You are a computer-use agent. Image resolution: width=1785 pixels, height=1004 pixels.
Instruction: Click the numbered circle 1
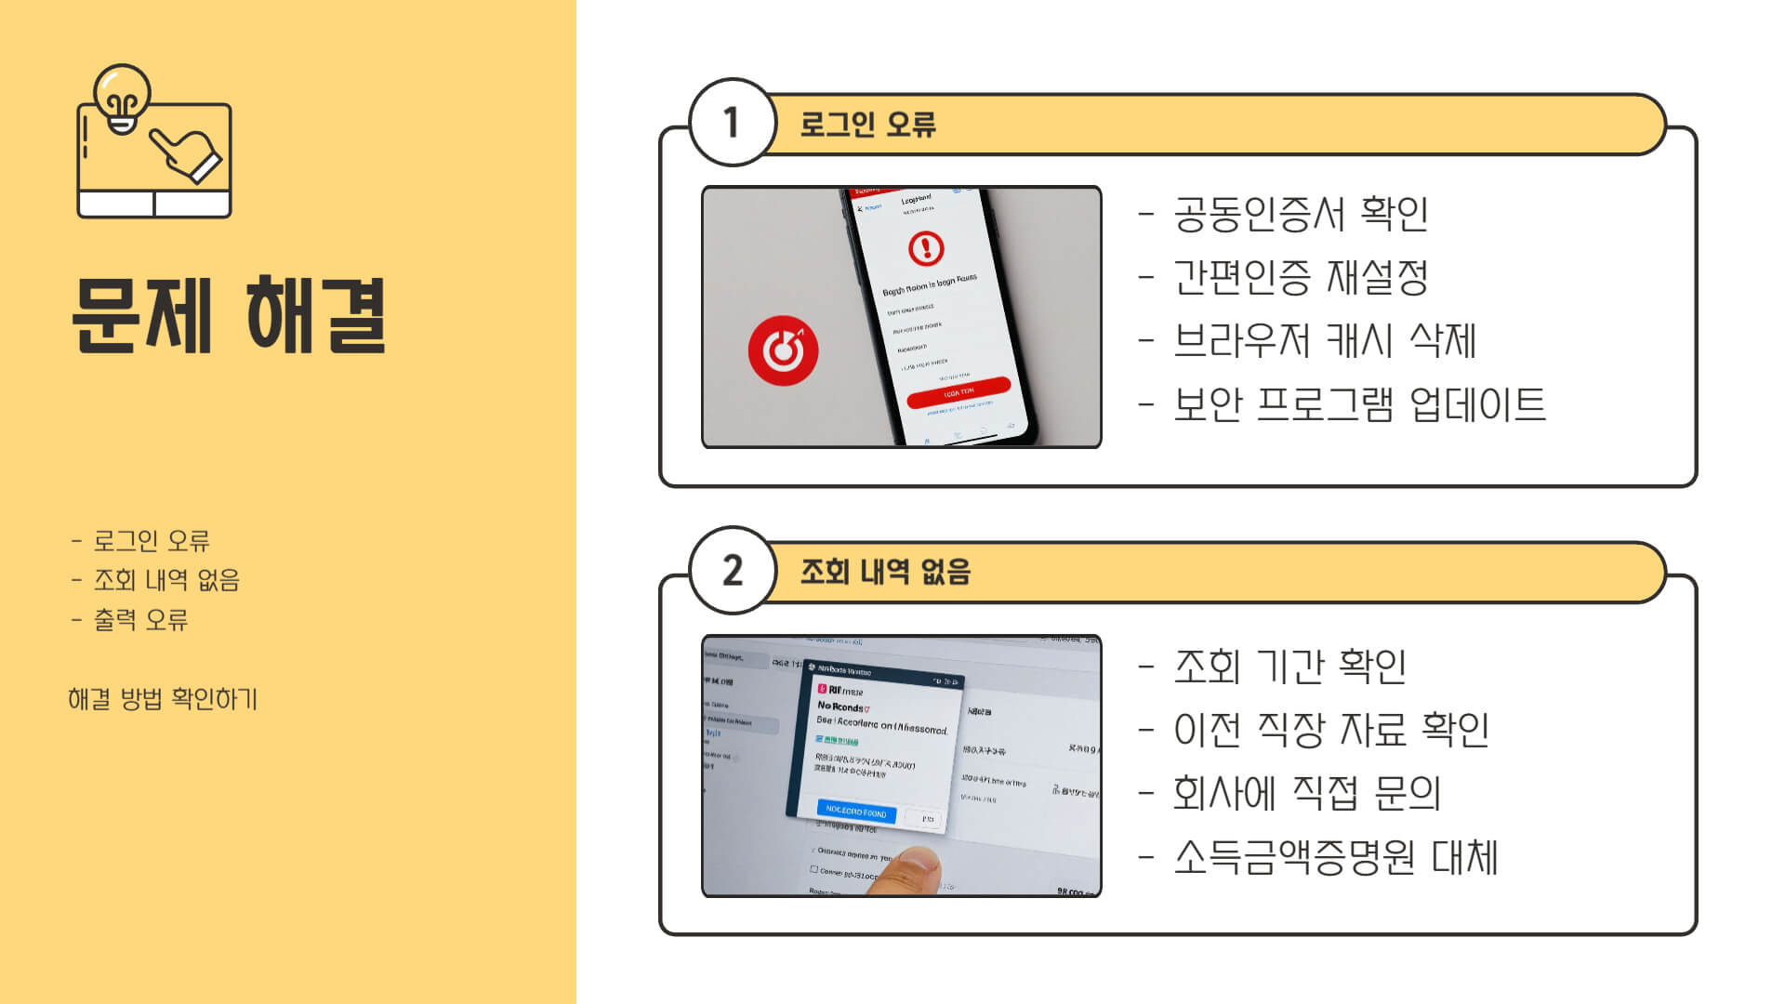coord(732,123)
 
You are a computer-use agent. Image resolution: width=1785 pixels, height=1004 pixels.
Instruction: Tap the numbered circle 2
coord(732,571)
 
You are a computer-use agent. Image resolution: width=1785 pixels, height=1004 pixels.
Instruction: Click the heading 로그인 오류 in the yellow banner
coord(867,124)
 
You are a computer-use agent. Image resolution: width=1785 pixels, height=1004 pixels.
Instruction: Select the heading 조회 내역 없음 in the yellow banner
coord(885,571)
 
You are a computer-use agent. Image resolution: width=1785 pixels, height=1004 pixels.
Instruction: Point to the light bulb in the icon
coord(122,96)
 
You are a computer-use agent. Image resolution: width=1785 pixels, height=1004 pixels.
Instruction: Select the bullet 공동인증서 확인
coord(1300,214)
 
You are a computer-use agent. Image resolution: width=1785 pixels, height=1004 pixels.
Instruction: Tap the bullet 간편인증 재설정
coord(1300,277)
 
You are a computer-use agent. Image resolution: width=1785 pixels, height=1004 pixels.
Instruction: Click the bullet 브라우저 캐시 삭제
coord(1324,340)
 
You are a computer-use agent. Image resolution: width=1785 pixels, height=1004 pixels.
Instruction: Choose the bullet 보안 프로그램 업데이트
coord(1358,404)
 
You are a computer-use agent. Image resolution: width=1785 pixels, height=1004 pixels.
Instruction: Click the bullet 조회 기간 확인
coord(1289,667)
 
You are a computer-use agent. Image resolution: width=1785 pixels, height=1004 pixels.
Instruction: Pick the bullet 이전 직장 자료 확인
coord(1330,730)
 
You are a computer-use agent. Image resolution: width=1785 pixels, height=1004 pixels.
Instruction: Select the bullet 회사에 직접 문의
coord(1306,793)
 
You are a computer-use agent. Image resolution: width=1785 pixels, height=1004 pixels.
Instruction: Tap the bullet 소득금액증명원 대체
coord(1335,857)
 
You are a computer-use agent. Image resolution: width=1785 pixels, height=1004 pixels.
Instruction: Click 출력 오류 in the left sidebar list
coord(140,620)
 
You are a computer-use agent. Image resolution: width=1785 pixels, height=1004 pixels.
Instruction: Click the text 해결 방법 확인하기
coord(163,699)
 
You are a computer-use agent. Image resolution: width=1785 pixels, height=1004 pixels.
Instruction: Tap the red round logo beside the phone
coord(783,350)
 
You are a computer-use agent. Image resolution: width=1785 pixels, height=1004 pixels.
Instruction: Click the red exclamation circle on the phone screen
coord(925,247)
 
